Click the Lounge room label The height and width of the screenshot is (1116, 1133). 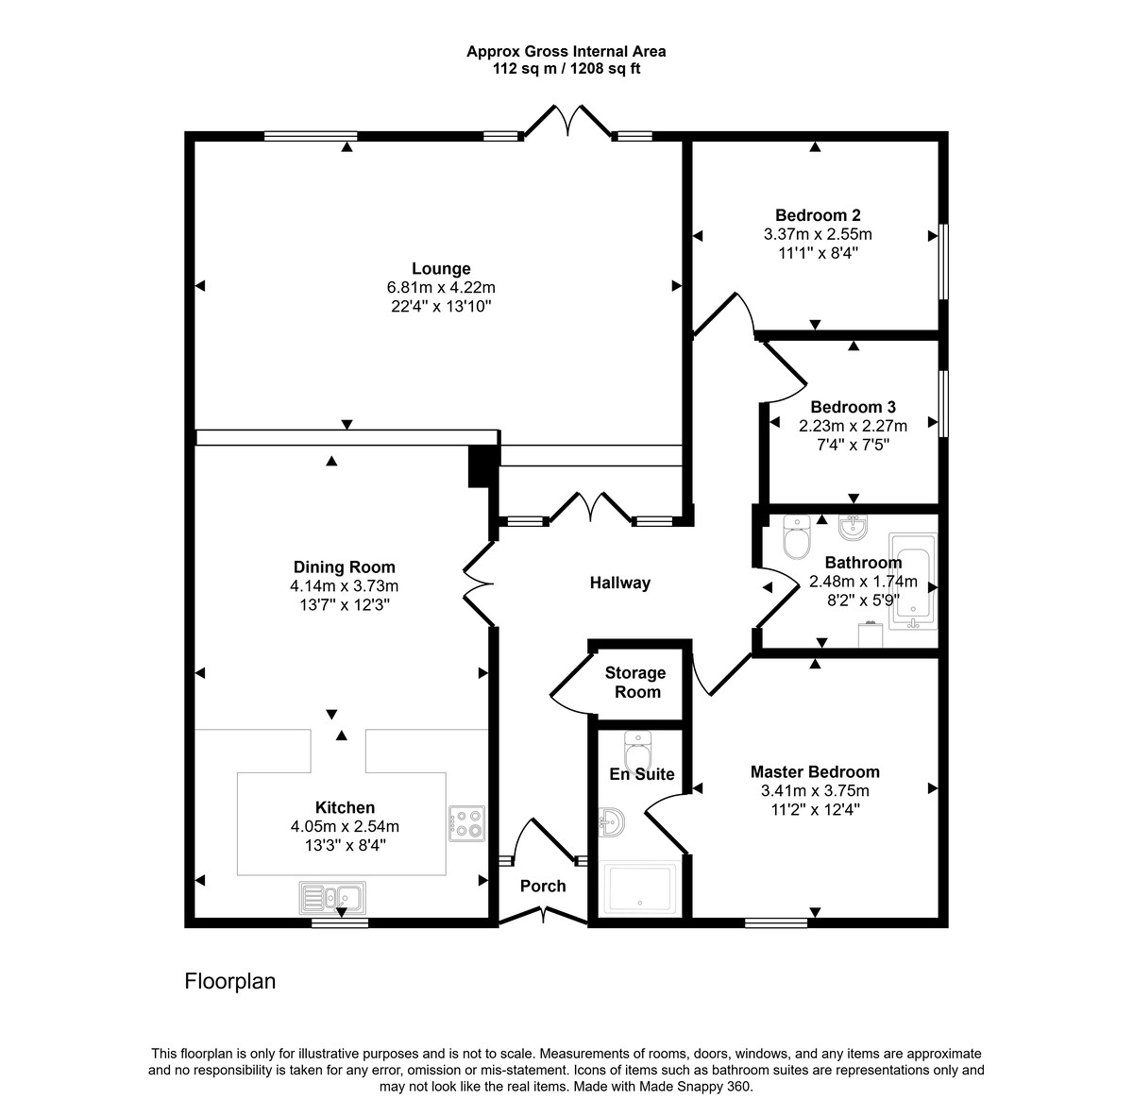(x=441, y=269)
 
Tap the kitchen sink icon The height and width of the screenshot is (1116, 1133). (x=332, y=897)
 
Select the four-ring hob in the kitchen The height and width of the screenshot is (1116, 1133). (x=467, y=823)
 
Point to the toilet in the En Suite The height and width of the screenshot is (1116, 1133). (x=636, y=753)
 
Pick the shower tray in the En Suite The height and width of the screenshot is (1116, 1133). (x=640, y=889)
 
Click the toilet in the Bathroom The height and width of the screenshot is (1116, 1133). (x=797, y=537)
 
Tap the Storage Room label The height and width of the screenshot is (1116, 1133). (x=635, y=683)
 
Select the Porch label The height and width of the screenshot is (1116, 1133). (x=543, y=887)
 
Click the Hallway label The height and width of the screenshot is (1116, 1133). (x=620, y=583)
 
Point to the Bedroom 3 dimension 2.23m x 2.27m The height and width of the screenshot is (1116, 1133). (x=853, y=426)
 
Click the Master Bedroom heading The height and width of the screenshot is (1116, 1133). (x=815, y=771)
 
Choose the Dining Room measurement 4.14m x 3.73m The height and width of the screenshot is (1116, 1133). (x=344, y=585)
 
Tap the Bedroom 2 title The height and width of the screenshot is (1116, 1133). (x=818, y=215)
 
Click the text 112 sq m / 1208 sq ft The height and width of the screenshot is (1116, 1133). (x=566, y=69)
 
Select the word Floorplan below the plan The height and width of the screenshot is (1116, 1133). (x=229, y=981)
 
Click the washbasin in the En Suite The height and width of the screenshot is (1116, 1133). (x=612, y=821)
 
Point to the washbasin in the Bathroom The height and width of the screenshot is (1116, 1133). (x=853, y=528)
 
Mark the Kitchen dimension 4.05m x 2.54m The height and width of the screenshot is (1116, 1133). (x=345, y=826)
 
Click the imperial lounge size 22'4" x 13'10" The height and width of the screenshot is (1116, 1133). (x=441, y=306)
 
